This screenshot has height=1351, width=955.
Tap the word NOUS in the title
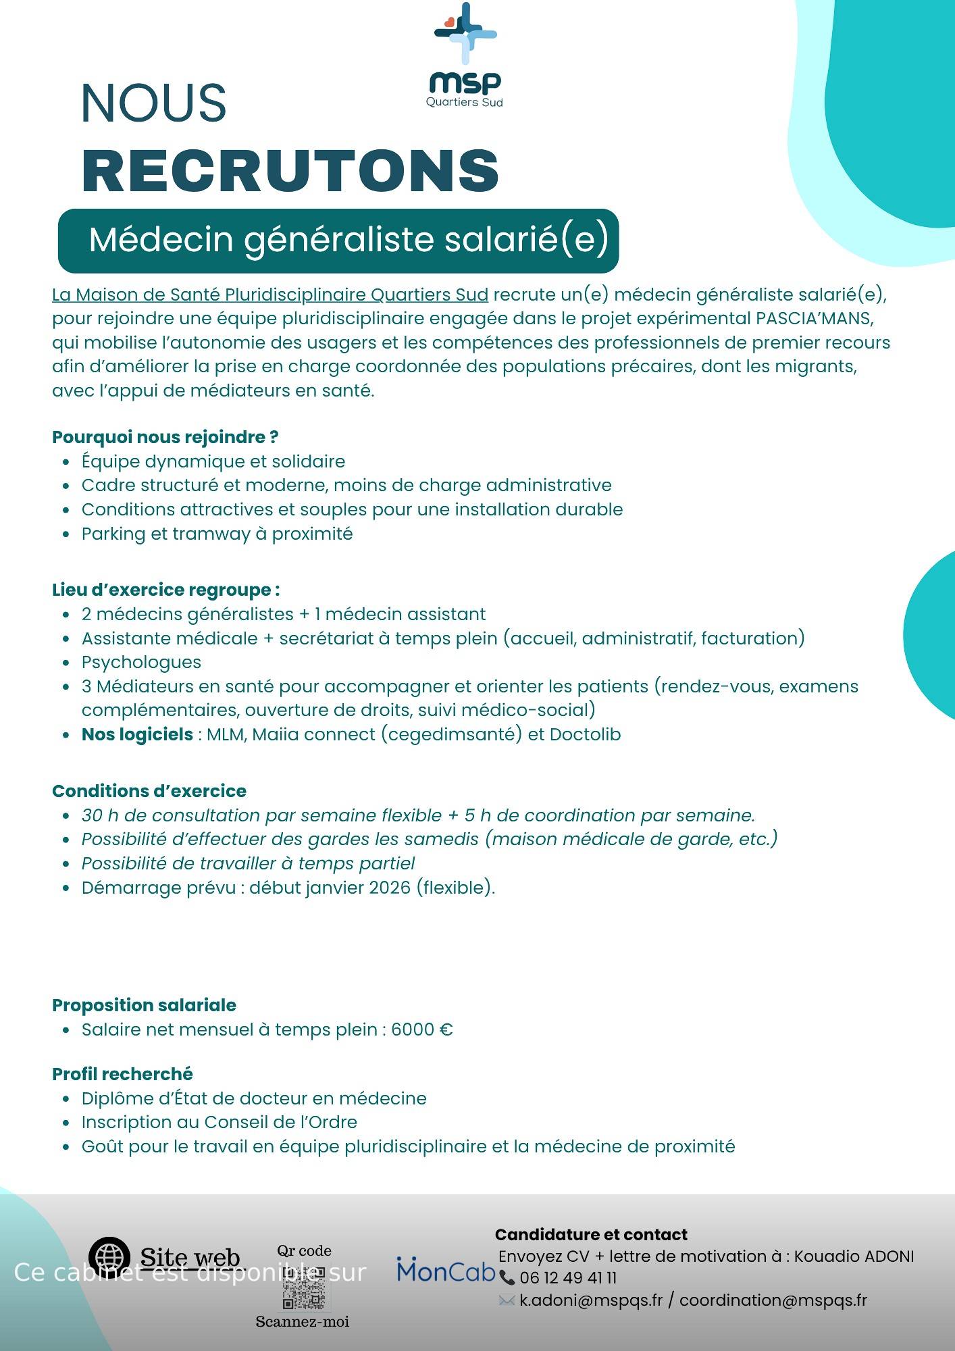pyautogui.click(x=153, y=103)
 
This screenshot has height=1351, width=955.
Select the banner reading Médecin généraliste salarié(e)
pyautogui.click(x=338, y=240)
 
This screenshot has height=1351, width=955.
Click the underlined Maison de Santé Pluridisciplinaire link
pyautogui.click(x=270, y=295)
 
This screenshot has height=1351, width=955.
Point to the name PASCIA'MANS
pyautogui.click(x=815, y=319)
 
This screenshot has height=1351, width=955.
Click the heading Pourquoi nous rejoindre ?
pyautogui.click(x=165, y=437)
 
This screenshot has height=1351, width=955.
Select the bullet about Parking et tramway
pyautogui.click(x=217, y=534)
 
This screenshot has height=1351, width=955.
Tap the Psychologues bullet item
pyautogui.click(x=141, y=662)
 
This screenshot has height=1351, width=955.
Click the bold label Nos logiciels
pyautogui.click(x=137, y=734)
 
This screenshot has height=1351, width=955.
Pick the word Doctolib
pyautogui.click(x=585, y=734)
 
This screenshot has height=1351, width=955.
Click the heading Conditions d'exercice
pyautogui.click(x=149, y=791)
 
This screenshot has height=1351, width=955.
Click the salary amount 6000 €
pyautogui.click(x=422, y=1029)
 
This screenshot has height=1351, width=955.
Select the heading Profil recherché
pyautogui.click(x=122, y=1074)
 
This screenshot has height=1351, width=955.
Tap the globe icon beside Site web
pyautogui.click(x=109, y=1257)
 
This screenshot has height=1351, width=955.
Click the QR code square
pyautogui.click(x=303, y=1287)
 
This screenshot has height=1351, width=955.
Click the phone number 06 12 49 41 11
pyautogui.click(x=568, y=1278)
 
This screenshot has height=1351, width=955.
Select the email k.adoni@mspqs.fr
pyautogui.click(x=590, y=1300)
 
